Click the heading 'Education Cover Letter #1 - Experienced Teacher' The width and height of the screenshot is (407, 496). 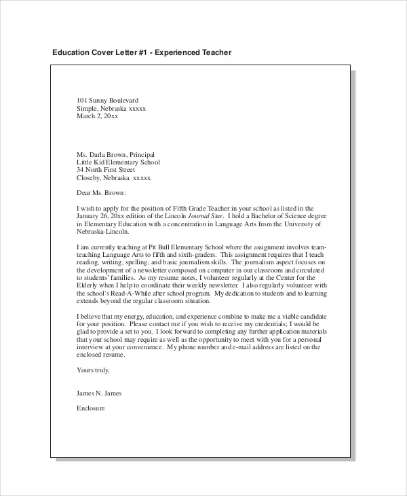click(x=142, y=52)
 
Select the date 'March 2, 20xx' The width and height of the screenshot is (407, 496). click(x=98, y=116)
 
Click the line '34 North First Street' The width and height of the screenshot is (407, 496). click(x=109, y=170)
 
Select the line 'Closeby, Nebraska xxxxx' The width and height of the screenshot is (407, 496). click(x=113, y=178)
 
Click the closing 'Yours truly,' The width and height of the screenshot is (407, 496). click(x=93, y=370)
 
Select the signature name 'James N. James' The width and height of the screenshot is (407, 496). click(x=100, y=393)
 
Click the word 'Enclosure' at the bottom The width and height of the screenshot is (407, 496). click(x=91, y=409)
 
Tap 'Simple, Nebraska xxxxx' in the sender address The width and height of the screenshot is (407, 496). click(x=111, y=108)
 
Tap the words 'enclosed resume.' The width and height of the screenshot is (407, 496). click(x=102, y=355)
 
